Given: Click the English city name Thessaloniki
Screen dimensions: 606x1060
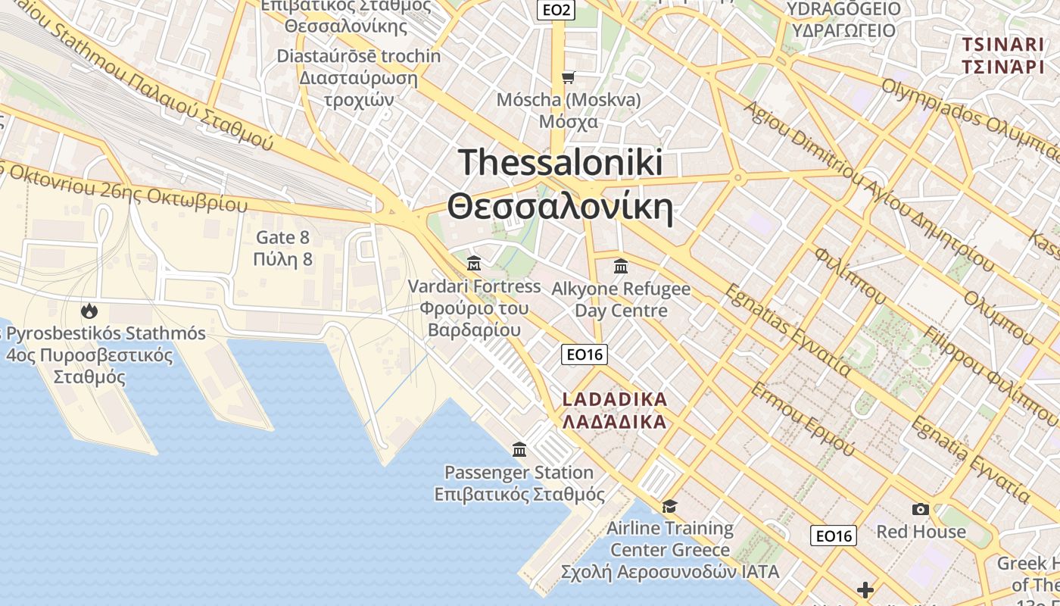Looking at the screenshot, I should [x=560, y=163].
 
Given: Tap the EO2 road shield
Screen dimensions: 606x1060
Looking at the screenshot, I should [x=556, y=10].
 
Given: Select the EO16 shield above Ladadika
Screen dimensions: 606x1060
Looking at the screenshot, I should [x=585, y=354].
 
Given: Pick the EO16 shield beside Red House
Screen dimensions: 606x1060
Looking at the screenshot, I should [x=833, y=536].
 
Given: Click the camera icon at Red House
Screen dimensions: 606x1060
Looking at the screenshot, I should [x=920, y=509].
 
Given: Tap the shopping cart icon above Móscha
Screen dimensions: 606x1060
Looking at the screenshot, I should [x=568, y=77].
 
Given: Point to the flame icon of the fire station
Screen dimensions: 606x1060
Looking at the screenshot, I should [x=89, y=311].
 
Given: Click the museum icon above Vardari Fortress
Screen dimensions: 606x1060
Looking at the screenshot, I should [x=474, y=264].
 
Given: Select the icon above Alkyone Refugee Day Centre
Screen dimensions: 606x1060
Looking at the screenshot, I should [x=621, y=266].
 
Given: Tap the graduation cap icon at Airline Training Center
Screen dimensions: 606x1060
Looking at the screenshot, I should [x=669, y=506].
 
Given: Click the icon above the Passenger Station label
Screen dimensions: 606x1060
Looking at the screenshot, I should [x=519, y=450].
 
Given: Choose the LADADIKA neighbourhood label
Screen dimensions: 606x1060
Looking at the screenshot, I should [x=615, y=399].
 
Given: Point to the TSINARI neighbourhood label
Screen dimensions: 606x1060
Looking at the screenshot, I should [x=1003, y=44].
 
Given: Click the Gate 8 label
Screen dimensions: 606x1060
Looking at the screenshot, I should [x=283, y=237].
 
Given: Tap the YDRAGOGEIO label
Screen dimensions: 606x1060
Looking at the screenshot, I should [x=843, y=9].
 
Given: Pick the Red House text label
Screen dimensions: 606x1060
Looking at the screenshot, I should [x=921, y=532].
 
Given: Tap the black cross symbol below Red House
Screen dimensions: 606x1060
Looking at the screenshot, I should [x=865, y=590].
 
